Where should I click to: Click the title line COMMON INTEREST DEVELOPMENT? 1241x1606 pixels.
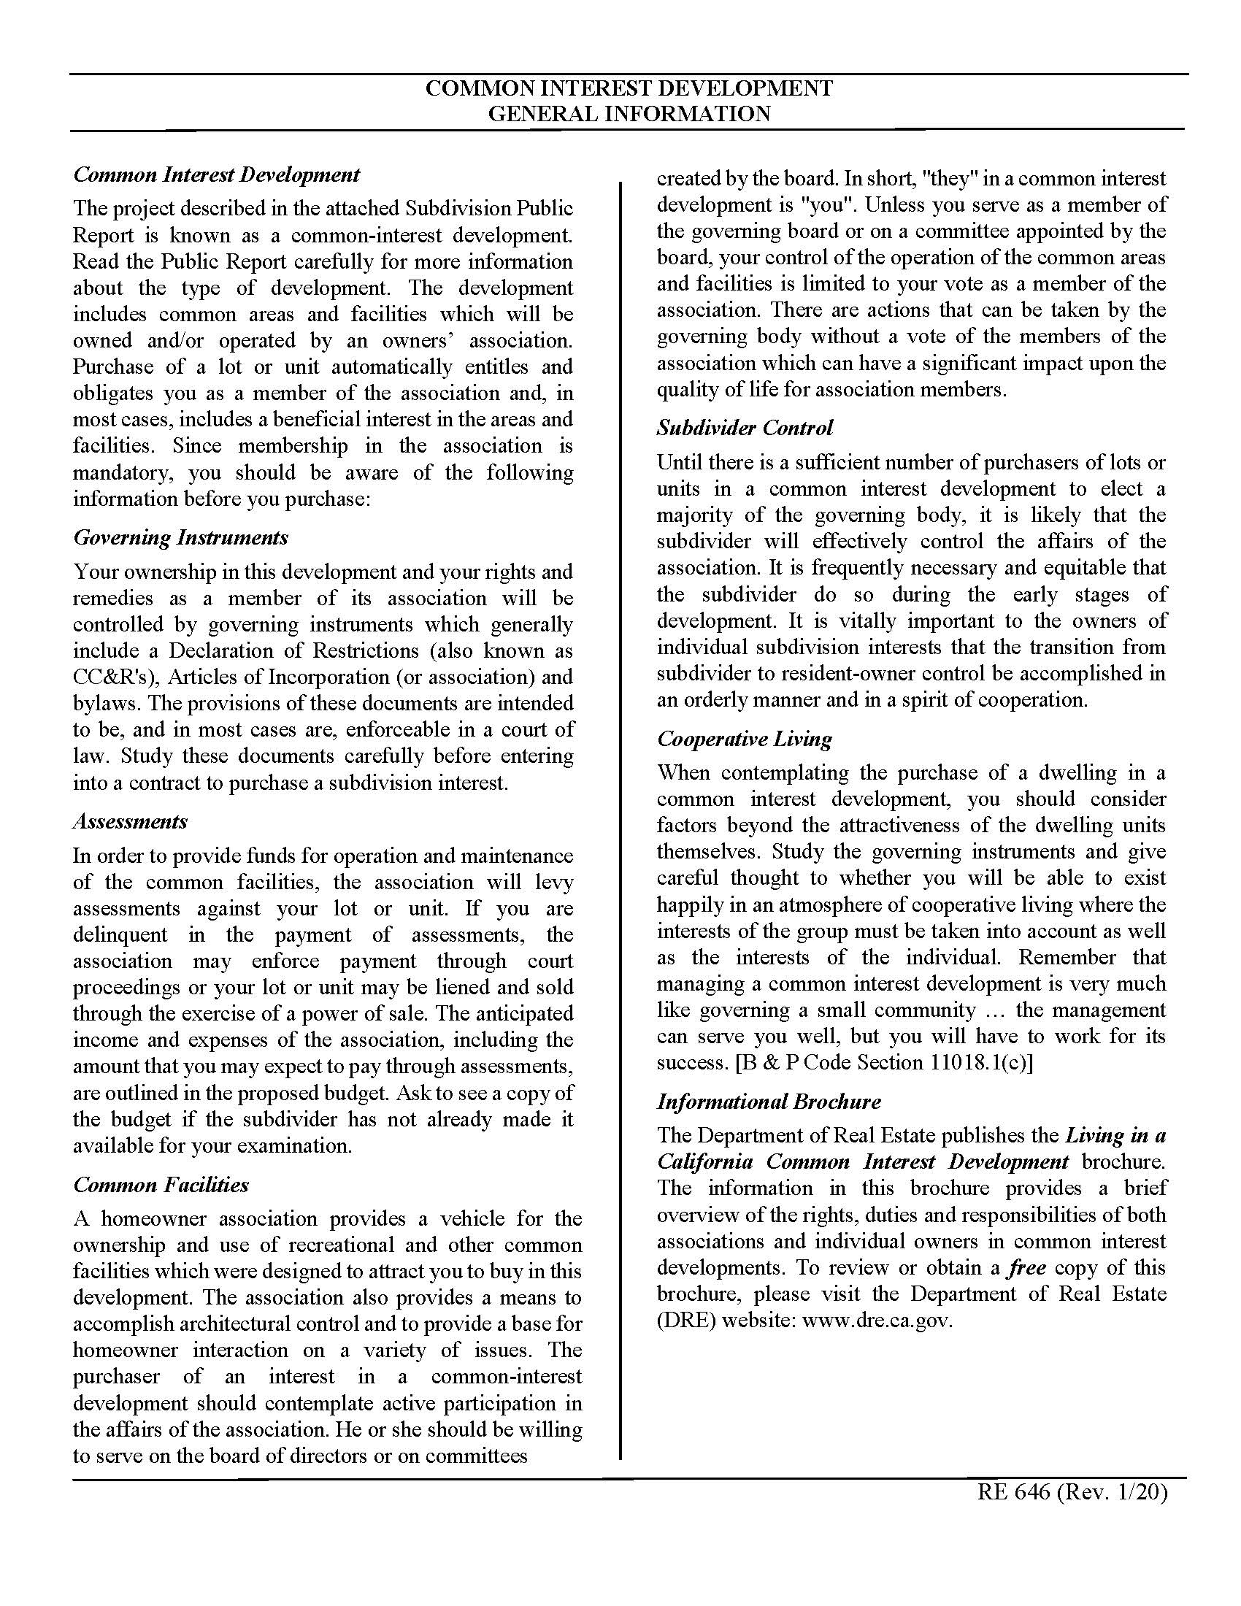point(629,89)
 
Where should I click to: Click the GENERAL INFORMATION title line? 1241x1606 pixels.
point(629,114)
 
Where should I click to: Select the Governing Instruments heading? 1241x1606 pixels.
point(180,537)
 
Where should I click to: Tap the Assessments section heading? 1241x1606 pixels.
point(130,821)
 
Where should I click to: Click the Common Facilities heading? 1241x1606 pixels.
point(161,1185)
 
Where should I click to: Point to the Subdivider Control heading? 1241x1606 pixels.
point(745,428)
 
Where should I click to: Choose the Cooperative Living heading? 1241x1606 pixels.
point(744,738)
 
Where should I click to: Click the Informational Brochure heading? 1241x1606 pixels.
point(768,1102)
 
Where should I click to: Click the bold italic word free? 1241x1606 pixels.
point(1026,1267)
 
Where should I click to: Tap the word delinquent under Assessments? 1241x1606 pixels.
point(120,934)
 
